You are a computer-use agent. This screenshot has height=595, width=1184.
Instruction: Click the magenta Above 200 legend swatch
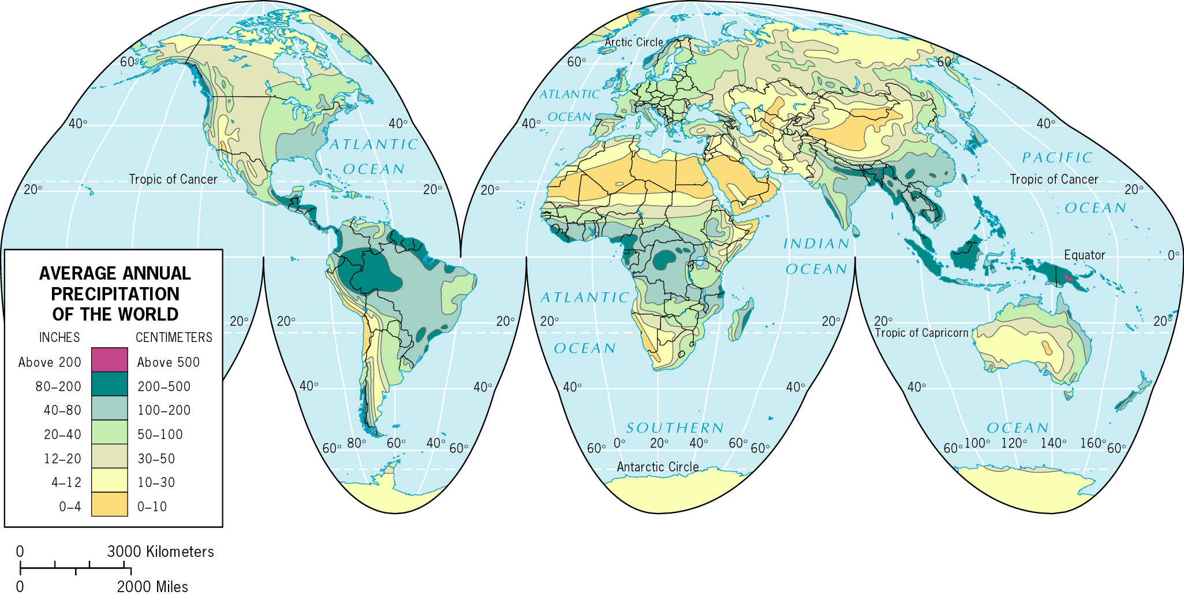pos(109,359)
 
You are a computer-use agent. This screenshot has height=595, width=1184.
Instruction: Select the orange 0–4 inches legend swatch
pos(109,504)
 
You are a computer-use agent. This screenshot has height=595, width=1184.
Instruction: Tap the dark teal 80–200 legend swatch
pos(109,384)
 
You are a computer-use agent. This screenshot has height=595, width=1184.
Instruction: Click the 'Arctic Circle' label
pos(634,42)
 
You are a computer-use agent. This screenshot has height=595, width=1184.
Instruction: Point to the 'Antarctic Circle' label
pos(658,467)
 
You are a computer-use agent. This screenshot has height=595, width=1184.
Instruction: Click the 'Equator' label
pos(1084,255)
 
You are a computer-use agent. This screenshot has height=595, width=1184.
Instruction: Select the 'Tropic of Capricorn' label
pos(921,333)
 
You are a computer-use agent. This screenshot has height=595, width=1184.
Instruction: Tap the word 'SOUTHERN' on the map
pos(675,428)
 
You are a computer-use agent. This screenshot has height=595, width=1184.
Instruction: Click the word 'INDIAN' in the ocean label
pos(816,244)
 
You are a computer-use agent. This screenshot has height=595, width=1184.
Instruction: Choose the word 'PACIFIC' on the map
pos(1057,158)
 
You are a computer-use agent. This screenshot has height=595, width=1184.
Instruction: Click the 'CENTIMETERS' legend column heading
pos(174,337)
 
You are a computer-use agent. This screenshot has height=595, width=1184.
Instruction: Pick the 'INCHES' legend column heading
pos(59,337)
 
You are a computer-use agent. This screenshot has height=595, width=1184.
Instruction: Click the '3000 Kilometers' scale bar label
pos(160,552)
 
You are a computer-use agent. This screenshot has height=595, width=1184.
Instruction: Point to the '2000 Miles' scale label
pos(152,587)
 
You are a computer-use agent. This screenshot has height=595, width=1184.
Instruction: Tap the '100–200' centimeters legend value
pos(164,410)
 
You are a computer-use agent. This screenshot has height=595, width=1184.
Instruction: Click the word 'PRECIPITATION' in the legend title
pos(115,294)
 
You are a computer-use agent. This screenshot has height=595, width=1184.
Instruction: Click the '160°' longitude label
pos(1092,443)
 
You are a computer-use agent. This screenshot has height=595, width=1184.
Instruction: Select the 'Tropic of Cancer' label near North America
pos(173,179)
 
